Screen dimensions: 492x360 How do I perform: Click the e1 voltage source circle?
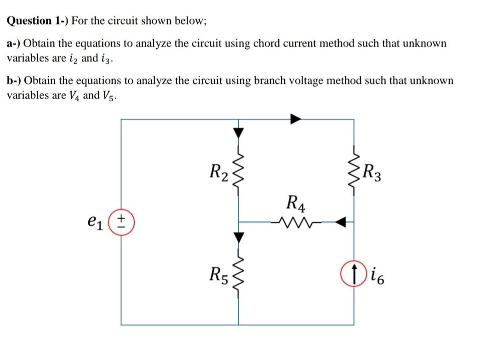click(x=121, y=222)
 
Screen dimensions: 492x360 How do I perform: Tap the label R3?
click(x=372, y=172)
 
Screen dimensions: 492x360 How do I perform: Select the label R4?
click(x=296, y=203)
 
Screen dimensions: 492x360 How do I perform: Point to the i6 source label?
click(x=377, y=276)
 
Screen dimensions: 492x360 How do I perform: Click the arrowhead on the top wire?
click(x=296, y=119)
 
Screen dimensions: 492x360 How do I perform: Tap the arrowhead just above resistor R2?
click(x=239, y=133)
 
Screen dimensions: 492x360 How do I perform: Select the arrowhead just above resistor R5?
click(x=239, y=237)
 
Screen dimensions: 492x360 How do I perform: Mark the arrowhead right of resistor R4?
click(x=340, y=222)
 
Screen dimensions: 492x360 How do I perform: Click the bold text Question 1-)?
click(x=37, y=21)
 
